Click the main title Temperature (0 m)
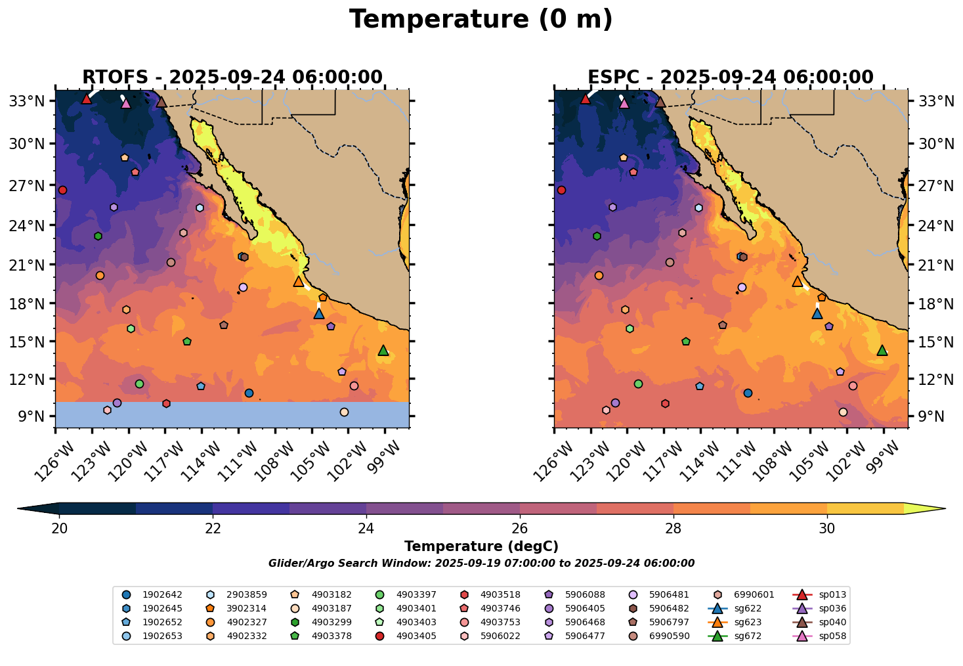(x=481, y=20)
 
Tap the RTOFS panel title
(x=232, y=78)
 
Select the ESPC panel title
(x=731, y=78)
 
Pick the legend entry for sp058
(x=832, y=636)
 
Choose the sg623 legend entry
(x=747, y=622)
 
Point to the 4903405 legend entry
(x=416, y=636)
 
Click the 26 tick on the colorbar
(x=520, y=528)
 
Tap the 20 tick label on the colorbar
(x=60, y=528)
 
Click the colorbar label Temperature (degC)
(x=481, y=546)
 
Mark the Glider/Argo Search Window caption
(x=481, y=564)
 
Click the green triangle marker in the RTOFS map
(x=383, y=351)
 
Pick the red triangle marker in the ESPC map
(x=586, y=99)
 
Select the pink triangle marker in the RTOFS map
(x=126, y=103)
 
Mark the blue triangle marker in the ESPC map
(x=817, y=313)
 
